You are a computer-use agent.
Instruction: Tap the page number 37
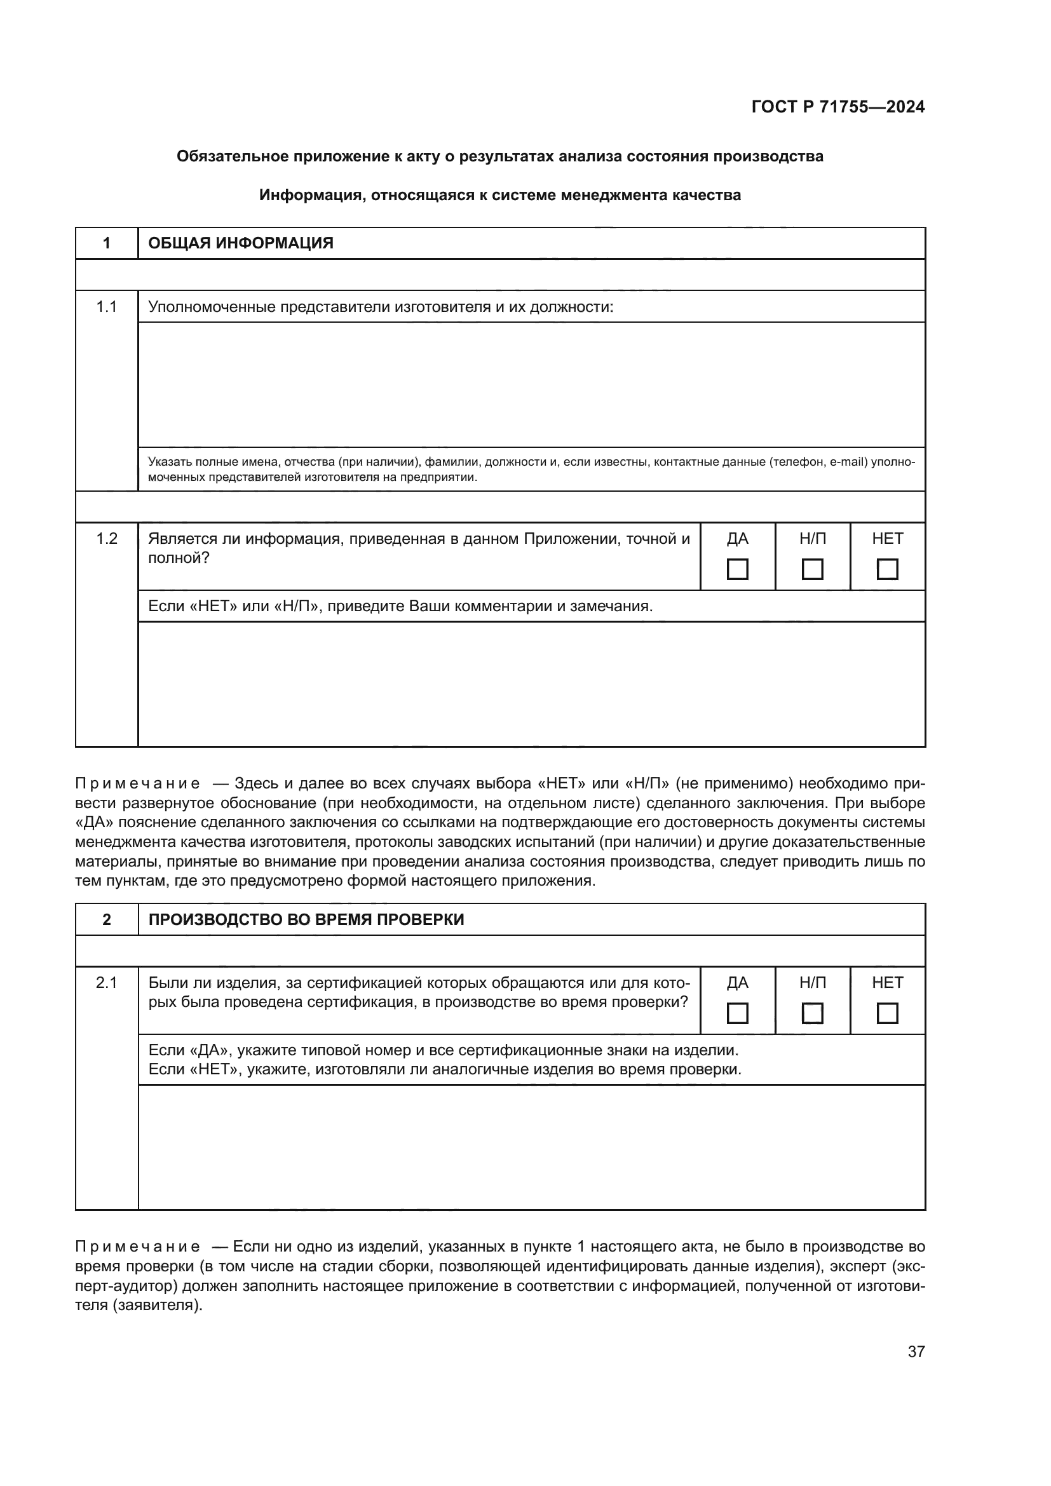click(916, 1351)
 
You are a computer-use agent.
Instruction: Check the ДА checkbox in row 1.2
click(737, 569)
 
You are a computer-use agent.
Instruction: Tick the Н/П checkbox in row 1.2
click(812, 569)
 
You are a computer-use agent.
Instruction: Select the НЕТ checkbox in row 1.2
click(886, 569)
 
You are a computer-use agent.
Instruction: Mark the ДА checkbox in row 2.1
click(737, 1013)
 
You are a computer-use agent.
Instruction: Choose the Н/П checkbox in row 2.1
click(812, 1013)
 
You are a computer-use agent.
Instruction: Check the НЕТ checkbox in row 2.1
click(886, 1013)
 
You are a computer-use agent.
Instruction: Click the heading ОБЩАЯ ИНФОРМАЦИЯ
click(241, 243)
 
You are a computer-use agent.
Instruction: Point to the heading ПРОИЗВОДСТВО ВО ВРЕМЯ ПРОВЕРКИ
click(306, 920)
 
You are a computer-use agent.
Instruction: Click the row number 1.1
click(107, 307)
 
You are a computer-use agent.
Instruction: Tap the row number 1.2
click(107, 539)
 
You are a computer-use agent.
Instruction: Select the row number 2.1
click(107, 982)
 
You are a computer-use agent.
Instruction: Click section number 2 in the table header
click(107, 920)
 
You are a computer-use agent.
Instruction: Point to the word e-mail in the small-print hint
click(848, 462)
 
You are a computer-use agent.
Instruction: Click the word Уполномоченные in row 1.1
click(212, 307)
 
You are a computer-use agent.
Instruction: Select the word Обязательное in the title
click(223, 157)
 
